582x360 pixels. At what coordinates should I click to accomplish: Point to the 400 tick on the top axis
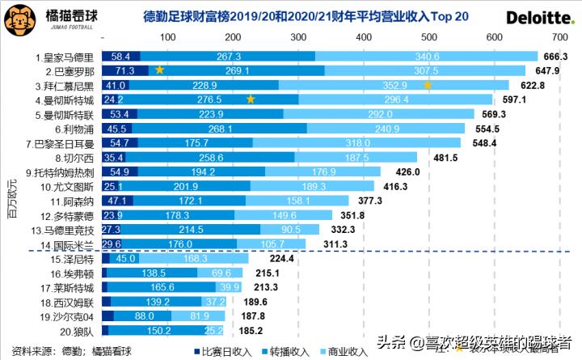coord(362,37)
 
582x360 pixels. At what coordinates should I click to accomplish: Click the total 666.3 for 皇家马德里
coord(557,57)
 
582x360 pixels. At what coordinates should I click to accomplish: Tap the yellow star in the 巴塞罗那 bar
coord(159,70)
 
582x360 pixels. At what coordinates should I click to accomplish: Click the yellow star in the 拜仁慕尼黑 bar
coord(428,85)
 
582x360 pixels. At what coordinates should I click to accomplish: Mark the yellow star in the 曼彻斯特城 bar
coord(251,100)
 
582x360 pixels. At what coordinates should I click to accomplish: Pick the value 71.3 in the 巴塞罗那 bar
coord(124,71)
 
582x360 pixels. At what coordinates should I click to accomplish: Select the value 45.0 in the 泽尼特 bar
coord(126,260)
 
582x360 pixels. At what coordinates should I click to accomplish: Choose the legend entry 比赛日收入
coord(223,351)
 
